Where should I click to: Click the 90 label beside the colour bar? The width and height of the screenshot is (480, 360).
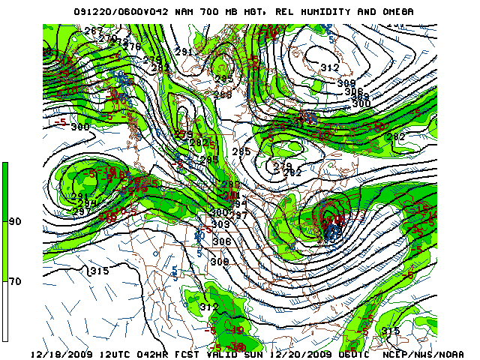click(14, 222)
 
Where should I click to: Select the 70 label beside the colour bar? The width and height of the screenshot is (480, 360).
click(14, 281)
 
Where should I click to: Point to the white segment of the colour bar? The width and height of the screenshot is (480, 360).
click(5, 311)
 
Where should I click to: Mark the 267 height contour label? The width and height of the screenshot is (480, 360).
click(93, 30)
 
